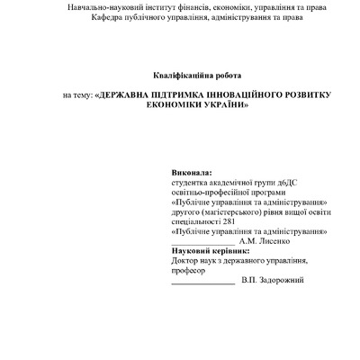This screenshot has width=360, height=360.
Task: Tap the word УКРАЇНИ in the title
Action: tap(219, 104)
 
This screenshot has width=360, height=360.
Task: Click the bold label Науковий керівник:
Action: tap(209, 251)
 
